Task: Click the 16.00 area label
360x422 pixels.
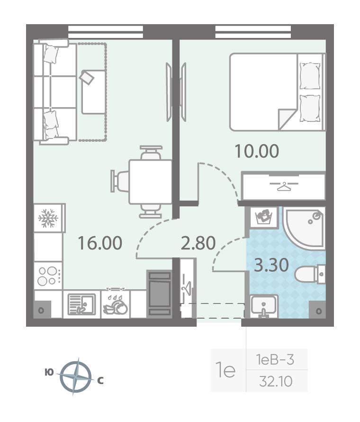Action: click(100, 243)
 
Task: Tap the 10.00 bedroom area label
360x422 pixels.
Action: click(257, 151)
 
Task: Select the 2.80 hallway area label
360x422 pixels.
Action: click(198, 243)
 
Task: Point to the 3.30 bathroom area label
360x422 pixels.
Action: click(271, 265)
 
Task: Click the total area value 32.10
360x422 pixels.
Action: click(276, 382)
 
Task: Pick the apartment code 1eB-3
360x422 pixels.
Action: click(275, 360)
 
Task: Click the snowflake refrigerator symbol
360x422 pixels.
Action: click(48, 218)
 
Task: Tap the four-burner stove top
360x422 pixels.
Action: click(48, 275)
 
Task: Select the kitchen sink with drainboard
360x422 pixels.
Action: click(81, 304)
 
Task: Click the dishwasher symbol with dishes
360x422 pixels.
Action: click(115, 304)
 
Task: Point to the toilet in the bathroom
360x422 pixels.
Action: click(310, 274)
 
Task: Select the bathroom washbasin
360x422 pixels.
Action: click(263, 306)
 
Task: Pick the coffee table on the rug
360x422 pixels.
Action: click(93, 92)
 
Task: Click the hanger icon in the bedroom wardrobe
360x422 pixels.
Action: click(284, 186)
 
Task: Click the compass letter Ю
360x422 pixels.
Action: click(49, 373)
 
